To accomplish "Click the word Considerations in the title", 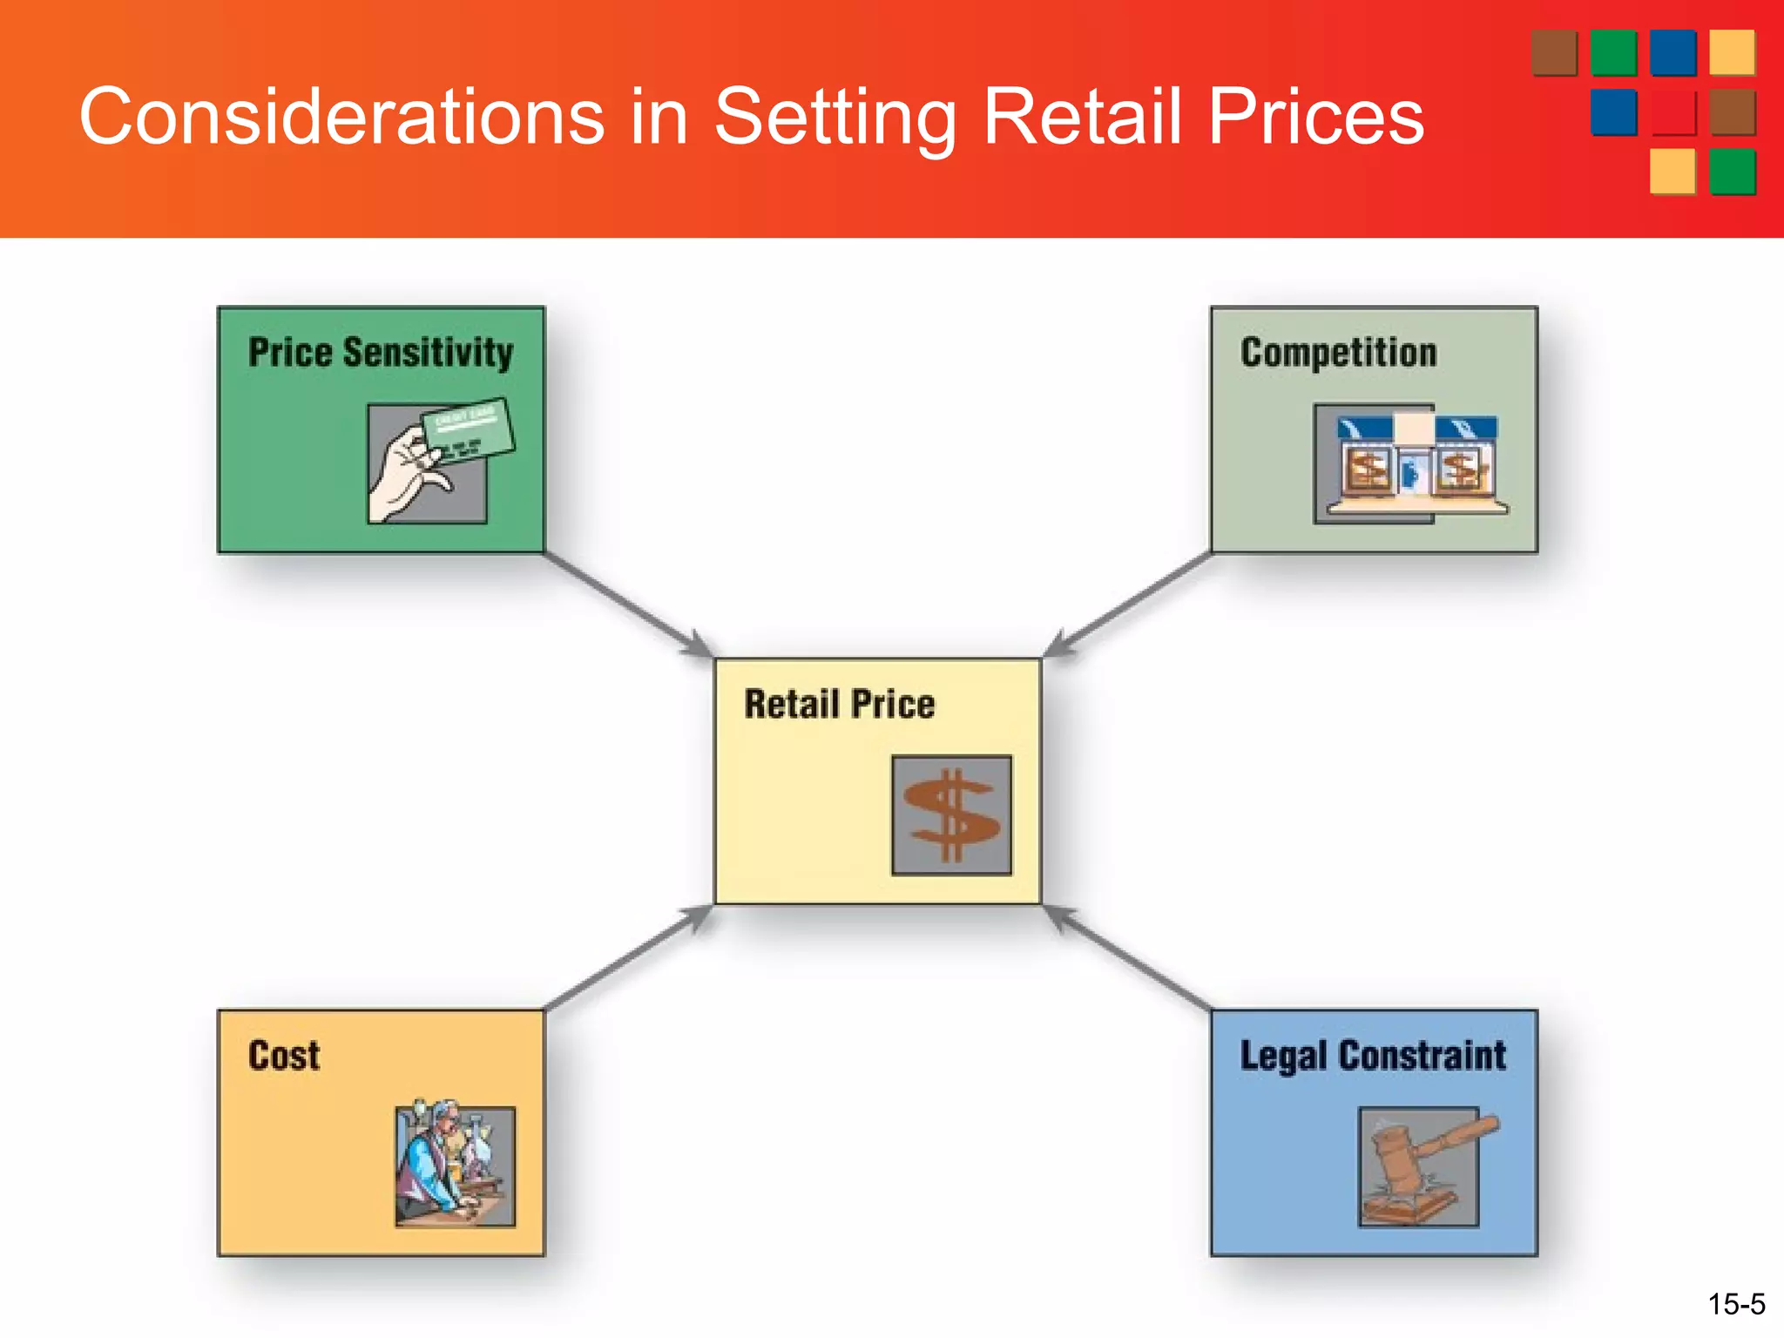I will pos(341,117).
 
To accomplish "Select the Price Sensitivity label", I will pos(381,353).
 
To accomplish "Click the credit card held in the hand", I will pos(468,427).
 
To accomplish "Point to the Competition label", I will pos(1338,353).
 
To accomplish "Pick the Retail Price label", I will pos(839,704).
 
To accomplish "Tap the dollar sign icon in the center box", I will pos(951,815).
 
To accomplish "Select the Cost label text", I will pos(284,1056).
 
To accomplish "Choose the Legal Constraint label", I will pos(1373,1056).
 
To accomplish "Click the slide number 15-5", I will pos(1735,1304).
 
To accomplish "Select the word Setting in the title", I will pos(835,117).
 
